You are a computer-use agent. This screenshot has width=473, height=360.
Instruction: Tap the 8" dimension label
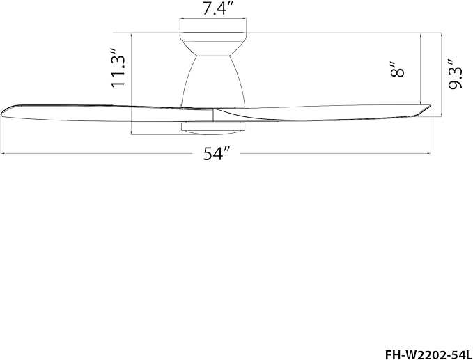[397, 70]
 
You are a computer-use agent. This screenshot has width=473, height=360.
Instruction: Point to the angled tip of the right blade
[423, 109]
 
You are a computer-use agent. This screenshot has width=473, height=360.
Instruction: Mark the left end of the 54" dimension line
[1, 152]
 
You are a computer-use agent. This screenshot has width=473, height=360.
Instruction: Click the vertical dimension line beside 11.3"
[132, 84]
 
